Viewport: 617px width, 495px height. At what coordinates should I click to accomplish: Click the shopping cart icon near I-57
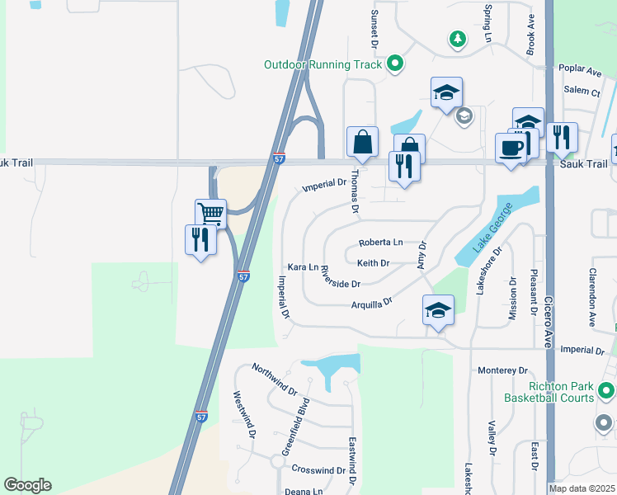click(211, 214)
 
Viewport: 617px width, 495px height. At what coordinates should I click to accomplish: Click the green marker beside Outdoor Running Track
click(395, 63)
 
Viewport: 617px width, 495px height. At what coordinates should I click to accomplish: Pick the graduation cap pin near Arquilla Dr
click(438, 311)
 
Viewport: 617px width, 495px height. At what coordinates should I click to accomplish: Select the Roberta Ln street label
click(380, 243)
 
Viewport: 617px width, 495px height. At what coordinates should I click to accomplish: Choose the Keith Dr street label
click(373, 263)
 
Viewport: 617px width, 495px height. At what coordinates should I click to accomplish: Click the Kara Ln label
click(303, 267)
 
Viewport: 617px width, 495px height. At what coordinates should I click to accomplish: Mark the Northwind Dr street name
click(275, 379)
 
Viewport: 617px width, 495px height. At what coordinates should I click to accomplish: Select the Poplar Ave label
click(579, 72)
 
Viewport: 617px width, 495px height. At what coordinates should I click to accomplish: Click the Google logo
click(27, 485)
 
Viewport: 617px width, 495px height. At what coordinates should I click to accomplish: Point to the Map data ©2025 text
click(582, 488)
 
